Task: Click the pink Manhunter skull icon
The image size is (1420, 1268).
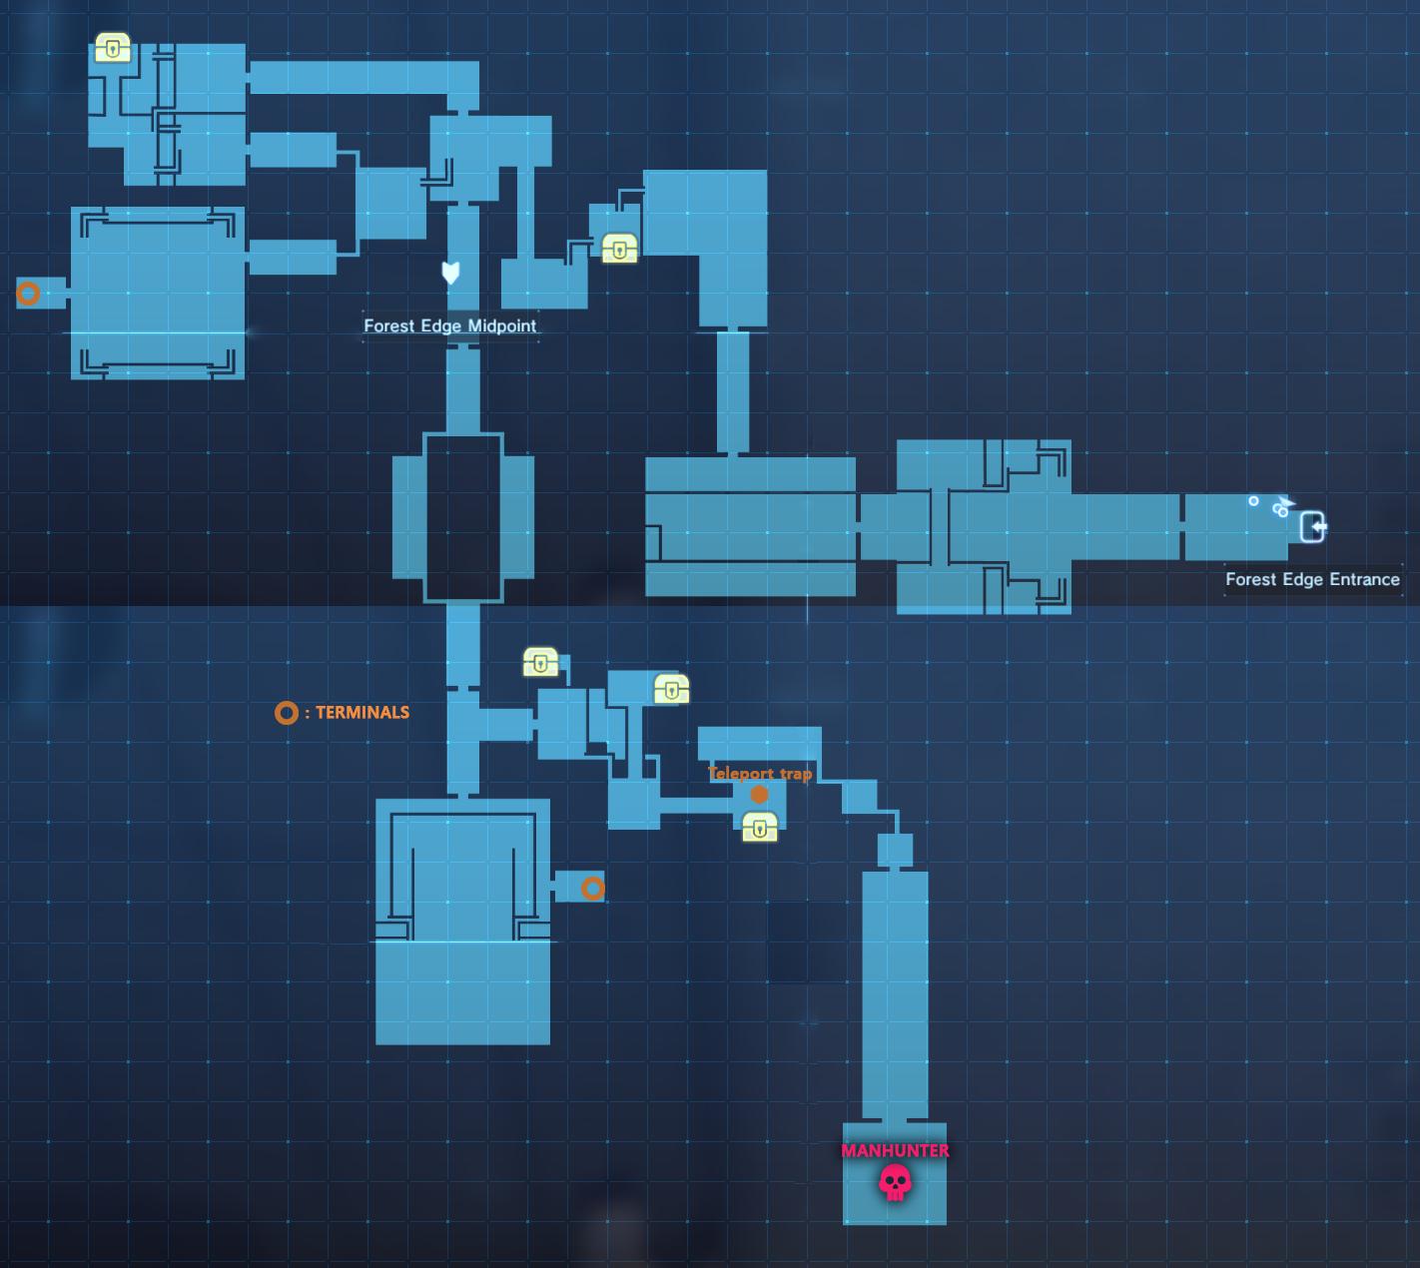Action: [895, 1183]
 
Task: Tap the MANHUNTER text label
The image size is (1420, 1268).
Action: [895, 1150]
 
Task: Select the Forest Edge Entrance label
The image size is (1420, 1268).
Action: [1312, 579]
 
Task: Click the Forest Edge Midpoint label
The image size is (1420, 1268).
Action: [449, 325]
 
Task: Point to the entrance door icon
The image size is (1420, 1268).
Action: [1313, 526]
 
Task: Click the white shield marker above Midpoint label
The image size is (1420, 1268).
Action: [450, 273]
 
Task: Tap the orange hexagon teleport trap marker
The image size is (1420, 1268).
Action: [759, 795]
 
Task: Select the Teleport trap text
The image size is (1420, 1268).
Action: [759, 774]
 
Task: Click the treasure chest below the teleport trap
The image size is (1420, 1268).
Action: [760, 827]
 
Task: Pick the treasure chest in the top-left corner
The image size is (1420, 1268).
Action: [113, 48]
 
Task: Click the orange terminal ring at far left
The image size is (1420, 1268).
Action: [28, 294]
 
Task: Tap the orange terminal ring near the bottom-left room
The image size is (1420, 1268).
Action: [592, 888]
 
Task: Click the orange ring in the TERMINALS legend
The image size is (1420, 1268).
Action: [287, 713]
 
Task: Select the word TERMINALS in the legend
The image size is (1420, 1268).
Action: [362, 713]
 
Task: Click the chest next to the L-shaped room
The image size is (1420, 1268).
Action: [619, 248]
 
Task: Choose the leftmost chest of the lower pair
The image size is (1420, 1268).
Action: [540, 661]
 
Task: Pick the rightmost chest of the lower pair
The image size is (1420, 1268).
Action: [671, 689]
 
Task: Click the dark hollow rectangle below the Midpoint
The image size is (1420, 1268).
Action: [463, 516]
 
